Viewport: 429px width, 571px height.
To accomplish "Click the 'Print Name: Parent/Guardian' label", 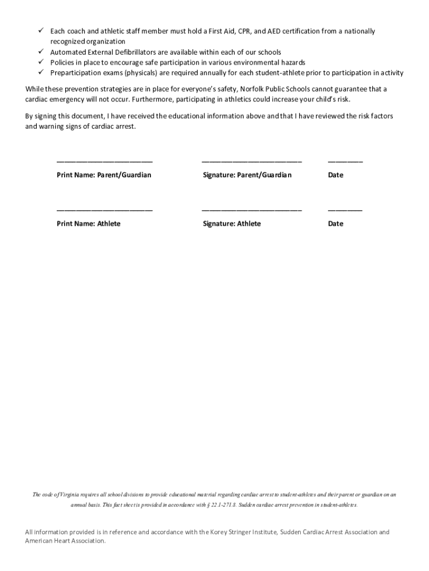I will tap(104, 175).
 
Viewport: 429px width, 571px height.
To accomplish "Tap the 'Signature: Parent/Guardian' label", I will tap(247, 175).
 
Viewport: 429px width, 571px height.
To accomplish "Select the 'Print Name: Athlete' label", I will tap(88, 224).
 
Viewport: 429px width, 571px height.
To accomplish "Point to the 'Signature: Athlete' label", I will tap(231, 224).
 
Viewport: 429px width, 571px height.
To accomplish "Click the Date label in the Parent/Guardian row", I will tap(335, 175).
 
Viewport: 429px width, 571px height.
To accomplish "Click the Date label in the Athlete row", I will tap(335, 224).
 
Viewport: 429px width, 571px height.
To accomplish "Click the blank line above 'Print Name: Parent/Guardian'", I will tap(104, 162).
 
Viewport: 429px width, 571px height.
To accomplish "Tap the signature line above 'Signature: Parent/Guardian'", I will tap(251, 162).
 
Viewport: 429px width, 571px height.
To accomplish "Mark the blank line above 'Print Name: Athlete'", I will tap(104, 210).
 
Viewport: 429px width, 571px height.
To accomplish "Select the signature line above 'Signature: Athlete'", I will tap(251, 210).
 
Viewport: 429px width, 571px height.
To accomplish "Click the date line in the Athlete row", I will tap(345, 210).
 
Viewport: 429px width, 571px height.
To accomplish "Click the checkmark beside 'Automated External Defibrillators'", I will tap(41, 52).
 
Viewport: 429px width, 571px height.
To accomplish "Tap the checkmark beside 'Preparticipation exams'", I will tap(41, 72).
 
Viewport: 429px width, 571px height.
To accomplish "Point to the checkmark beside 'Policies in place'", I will tap(41, 62).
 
